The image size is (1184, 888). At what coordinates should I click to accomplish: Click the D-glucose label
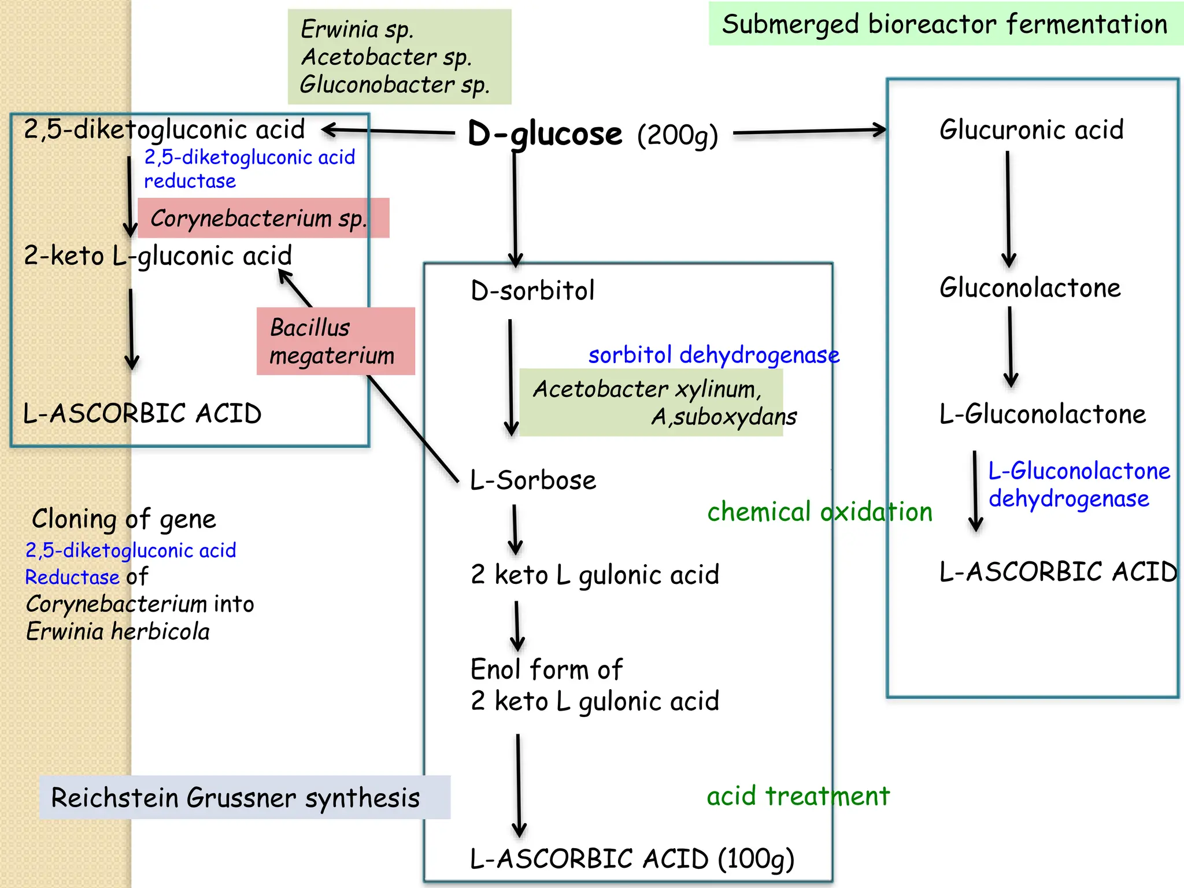pyautogui.click(x=545, y=134)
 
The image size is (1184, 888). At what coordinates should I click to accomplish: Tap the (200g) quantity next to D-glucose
pyautogui.click(x=678, y=136)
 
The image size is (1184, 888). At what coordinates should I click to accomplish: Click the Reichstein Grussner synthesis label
pyautogui.click(x=236, y=798)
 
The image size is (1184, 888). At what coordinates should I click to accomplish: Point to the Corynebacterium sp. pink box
pyautogui.click(x=263, y=219)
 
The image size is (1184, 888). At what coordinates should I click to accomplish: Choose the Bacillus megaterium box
pyautogui.click(x=335, y=341)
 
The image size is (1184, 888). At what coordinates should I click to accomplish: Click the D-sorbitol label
pyautogui.click(x=532, y=290)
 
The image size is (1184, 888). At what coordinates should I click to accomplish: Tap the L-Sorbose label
pyautogui.click(x=532, y=480)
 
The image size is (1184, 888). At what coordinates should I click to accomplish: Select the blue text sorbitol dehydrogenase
pyautogui.click(x=713, y=355)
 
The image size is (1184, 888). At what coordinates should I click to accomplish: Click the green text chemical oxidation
pyautogui.click(x=819, y=512)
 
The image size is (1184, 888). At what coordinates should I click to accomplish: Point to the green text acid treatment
pyautogui.click(x=798, y=796)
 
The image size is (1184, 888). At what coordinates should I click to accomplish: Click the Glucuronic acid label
pyautogui.click(x=1031, y=129)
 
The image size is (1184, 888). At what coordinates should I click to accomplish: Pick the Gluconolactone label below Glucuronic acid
pyautogui.click(x=1030, y=288)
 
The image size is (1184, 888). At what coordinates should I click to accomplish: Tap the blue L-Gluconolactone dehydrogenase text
pyautogui.click(x=1079, y=485)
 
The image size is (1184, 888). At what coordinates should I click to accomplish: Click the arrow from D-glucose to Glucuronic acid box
pyautogui.click(x=809, y=132)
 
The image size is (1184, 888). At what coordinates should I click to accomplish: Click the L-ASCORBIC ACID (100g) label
pyautogui.click(x=632, y=859)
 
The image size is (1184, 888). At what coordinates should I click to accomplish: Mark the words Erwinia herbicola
pyautogui.click(x=118, y=631)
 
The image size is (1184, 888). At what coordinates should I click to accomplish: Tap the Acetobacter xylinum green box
pyautogui.click(x=651, y=402)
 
